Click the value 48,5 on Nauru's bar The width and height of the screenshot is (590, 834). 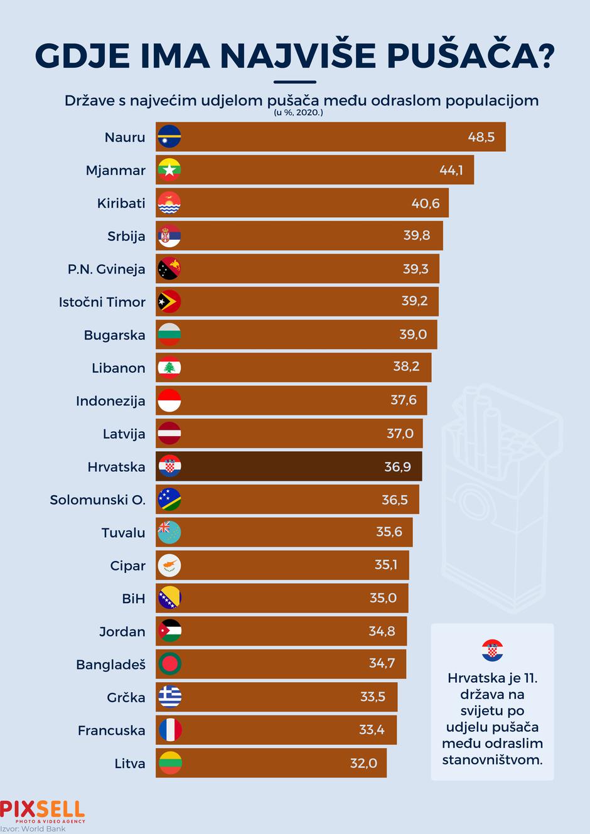pos(481,137)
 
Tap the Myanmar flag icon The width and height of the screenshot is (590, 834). pos(169,170)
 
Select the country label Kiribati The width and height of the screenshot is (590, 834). pos(121,203)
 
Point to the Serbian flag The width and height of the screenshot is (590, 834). pos(169,236)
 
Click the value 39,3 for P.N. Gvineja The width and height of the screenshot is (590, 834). pos(416,269)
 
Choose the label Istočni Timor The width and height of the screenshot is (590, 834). pos(102,302)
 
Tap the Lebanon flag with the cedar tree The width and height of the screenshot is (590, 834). pos(169,368)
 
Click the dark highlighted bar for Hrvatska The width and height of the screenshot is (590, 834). pos(289,467)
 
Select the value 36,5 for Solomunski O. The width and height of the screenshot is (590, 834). pos(395,500)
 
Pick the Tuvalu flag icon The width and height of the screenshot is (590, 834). pos(169,533)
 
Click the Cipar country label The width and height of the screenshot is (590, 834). pos(127,566)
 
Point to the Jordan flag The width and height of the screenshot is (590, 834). pos(169,631)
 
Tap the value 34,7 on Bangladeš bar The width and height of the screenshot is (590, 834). pos(382,663)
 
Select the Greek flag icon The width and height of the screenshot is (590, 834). pos(169,697)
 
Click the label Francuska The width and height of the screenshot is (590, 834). pos(111,730)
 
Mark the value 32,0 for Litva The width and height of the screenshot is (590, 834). pos(363,764)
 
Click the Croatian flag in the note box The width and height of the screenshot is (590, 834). pos(492,651)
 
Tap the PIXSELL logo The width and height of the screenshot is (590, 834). pos(43,810)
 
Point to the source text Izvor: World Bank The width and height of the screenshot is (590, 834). pos(33,829)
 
